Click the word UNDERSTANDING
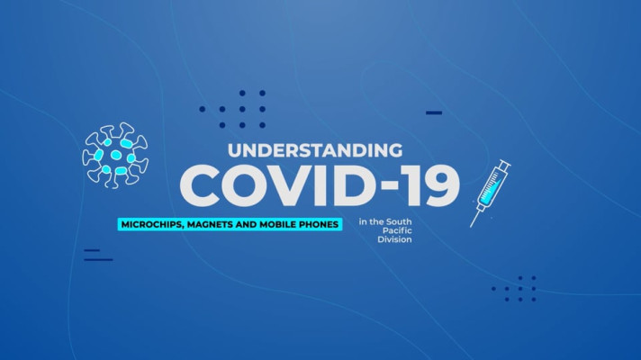[x=315, y=150]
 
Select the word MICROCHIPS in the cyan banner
[x=152, y=224]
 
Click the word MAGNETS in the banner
[x=210, y=224]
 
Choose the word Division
[x=394, y=239]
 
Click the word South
[x=399, y=222]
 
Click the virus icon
[x=115, y=156]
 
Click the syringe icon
[x=491, y=193]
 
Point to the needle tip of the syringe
[x=471, y=227]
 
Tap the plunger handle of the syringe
[x=505, y=164]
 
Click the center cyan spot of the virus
[x=116, y=155]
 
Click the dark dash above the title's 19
[x=434, y=112]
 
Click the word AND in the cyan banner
[x=246, y=224]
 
